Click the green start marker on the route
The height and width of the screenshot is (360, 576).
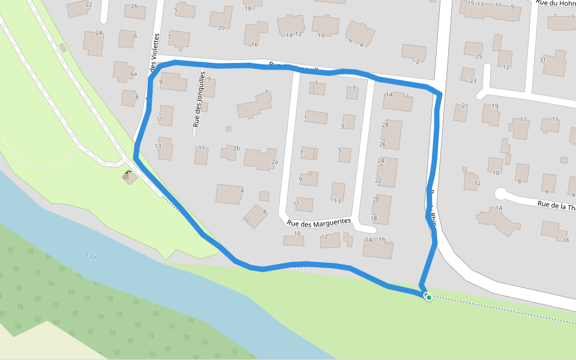click(428, 298)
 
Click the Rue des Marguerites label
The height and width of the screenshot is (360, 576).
click(319, 222)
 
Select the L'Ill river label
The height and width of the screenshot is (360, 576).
click(91, 256)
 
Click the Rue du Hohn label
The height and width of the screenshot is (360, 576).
click(556, 4)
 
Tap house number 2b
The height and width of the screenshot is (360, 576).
click(236, 148)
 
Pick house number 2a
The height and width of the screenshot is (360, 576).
click(274, 162)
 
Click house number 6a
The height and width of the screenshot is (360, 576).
click(134, 74)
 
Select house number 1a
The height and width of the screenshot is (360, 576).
click(389, 94)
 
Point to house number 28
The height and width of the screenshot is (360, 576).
click(385, 125)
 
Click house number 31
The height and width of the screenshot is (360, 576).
click(542, 59)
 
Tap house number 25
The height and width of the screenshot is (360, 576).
click(478, 57)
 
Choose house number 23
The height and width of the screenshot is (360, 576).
click(473, 81)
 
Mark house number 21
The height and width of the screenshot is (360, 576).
click(464, 106)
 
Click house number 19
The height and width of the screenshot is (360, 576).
click(494, 106)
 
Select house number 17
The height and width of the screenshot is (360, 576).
click(523, 119)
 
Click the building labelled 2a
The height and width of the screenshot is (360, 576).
click(259, 158)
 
